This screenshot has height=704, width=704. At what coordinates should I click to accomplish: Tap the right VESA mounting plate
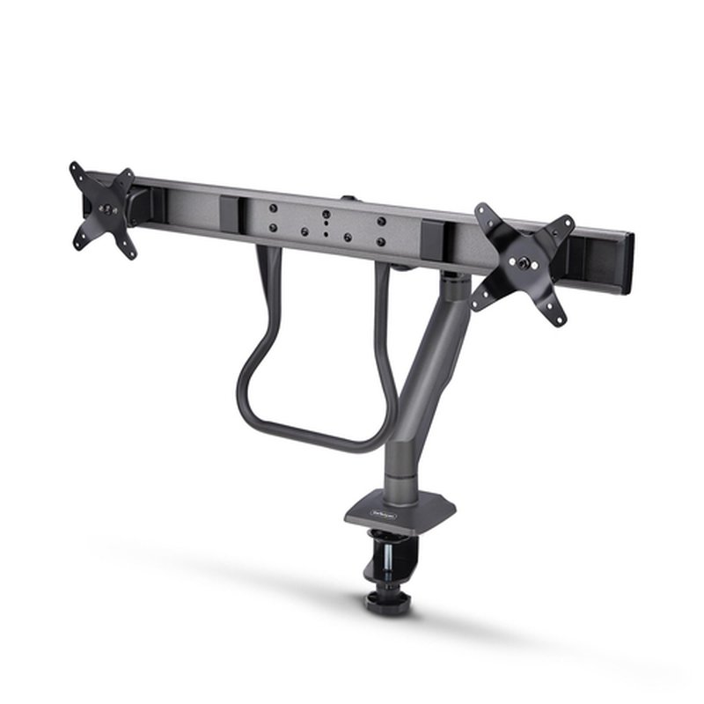click(x=522, y=260)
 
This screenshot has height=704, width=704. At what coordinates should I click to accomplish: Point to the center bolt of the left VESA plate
click(x=106, y=209)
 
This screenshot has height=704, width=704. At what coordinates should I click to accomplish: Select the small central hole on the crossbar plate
click(x=326, y=225)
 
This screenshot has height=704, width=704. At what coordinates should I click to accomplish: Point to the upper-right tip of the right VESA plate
click(x=569, y=223)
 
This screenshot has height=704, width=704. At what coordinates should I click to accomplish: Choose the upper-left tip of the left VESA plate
click(x=75, y=167)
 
